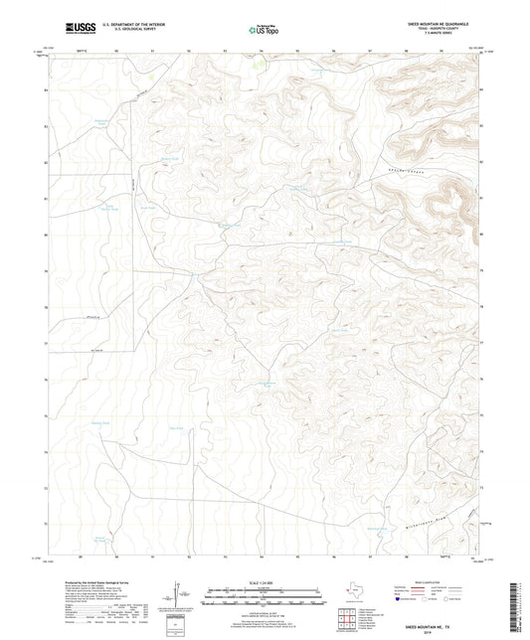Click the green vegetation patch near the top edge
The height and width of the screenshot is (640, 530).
click(x=257, y=67)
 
